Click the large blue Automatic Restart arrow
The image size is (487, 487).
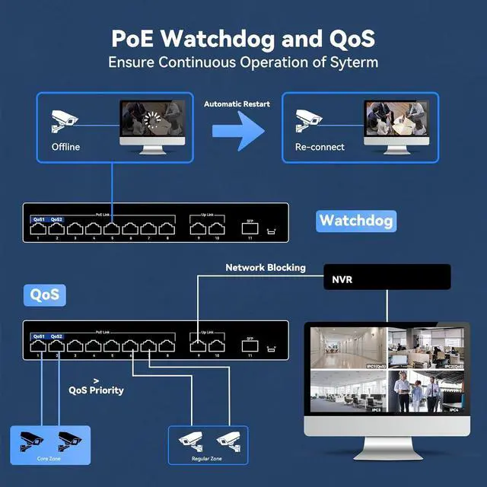238,128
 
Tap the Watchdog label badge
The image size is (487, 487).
356,221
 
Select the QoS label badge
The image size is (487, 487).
44,294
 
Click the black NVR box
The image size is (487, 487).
387,279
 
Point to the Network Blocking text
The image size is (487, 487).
266,267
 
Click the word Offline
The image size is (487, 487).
65,147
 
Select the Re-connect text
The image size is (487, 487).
320,147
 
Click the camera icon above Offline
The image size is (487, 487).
65,120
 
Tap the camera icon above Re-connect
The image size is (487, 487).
309,120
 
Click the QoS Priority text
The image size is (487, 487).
96,390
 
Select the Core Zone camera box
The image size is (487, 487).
49,444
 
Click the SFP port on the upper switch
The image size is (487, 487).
250,226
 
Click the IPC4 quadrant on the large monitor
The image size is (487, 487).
430,391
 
